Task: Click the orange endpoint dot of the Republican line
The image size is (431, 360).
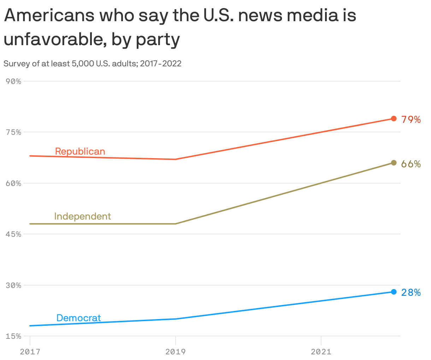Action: [394, 119]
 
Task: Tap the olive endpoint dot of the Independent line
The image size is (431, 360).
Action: [394, 163]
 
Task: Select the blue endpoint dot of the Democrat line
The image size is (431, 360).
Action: [394, 292]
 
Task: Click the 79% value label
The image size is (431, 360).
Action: [411, 120]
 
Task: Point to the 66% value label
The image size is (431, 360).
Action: [411, 164]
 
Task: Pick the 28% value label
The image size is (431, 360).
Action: [411, 293]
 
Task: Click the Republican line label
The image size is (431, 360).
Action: [80, 151]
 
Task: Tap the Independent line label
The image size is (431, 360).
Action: [82, 216]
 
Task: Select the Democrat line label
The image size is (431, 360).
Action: [78, 318]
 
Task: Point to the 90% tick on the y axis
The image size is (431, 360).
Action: [14, 81]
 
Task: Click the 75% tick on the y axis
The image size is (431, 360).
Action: [14, 132]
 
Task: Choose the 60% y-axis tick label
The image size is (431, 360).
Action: [14, 183]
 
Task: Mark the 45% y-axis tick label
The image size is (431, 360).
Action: [14, 234]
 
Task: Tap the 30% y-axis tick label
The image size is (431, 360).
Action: [14, 285]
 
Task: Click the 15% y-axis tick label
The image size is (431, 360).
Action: [14, 336]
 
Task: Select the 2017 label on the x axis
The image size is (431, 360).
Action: [30, 352]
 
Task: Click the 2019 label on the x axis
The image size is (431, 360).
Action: [176, 352]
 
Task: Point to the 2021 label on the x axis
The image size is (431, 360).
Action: [321, 352]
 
